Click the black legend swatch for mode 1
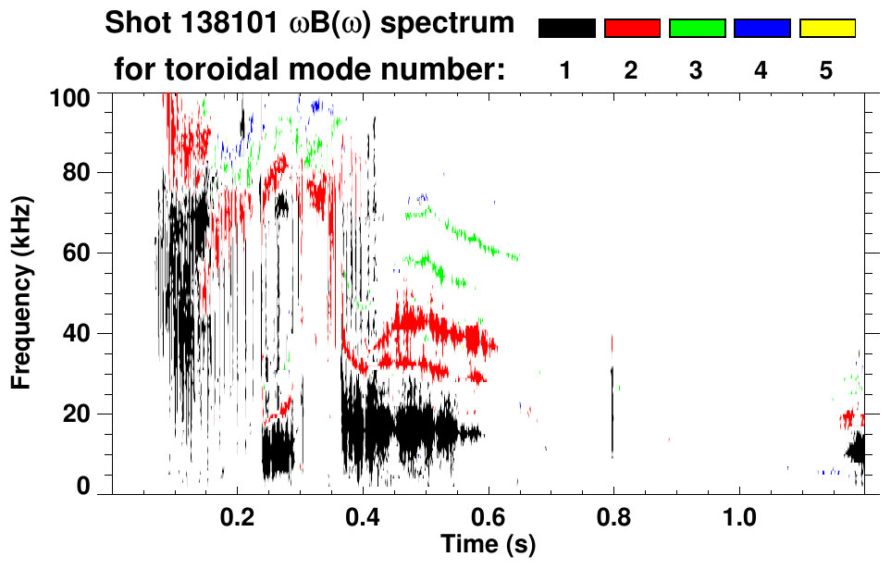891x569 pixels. (x=567, y=29)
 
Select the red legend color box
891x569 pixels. (x=632, y=29)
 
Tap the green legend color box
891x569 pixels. (x=697, y=29)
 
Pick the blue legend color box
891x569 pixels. (x=761, y=29)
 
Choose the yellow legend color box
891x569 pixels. (x=826, y=29)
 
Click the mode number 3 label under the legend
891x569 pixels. (x=696, y=70)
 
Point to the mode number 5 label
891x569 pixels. (x=826, y=70)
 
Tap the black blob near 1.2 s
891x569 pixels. (x=856, y=451)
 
